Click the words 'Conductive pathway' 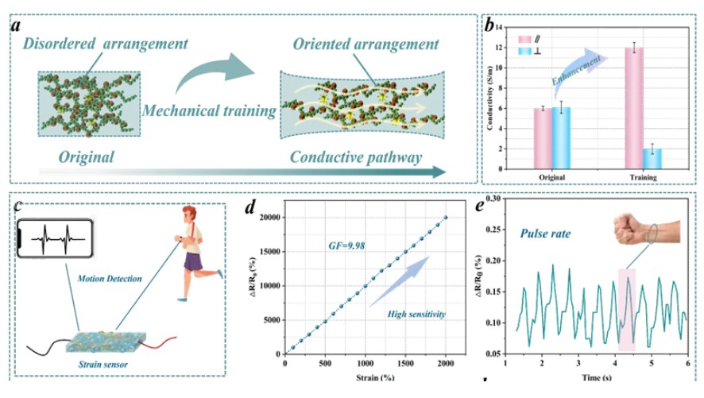[x=355, y=156]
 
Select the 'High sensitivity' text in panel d [x=414, y=315]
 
